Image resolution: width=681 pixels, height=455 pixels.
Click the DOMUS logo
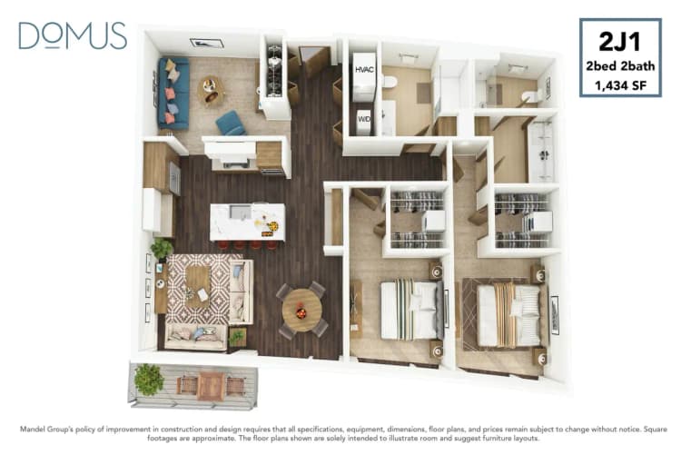(x=72, y=35)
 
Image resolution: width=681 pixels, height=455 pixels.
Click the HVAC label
(x=365, y=70)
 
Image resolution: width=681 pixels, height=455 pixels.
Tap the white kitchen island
(x=247, y=221)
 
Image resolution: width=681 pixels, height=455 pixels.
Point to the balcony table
(x=211, y=384)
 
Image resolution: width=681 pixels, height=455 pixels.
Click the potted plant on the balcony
(x=148, y=379)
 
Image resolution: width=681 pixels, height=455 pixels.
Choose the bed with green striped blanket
(x=410, y=309)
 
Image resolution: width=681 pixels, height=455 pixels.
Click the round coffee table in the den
(x=212, y=89)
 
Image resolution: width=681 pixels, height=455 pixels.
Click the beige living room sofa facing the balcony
(x=195, y=337)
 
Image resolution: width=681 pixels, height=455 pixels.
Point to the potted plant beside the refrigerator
(x=162, y=247)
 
